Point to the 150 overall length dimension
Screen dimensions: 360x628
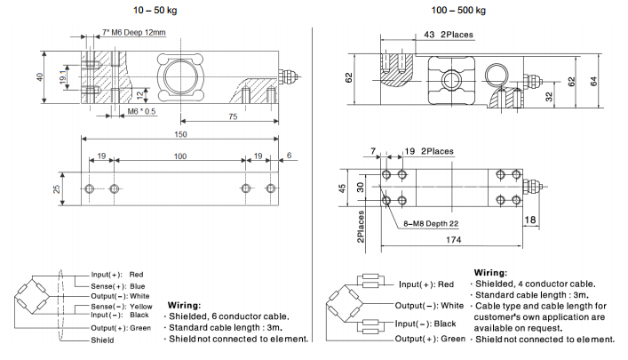181,134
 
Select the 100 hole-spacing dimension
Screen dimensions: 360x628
180,156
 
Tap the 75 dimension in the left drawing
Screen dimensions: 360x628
232,117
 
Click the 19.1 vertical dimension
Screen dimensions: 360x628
63,77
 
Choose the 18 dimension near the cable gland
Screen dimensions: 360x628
530,219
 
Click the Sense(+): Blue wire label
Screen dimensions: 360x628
117,286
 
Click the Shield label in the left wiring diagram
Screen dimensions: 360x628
102,340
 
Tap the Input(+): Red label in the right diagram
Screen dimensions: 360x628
426,284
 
